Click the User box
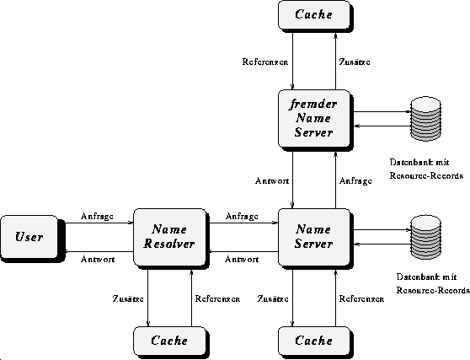[x=29, y=237]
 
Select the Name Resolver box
[x=169, y=237]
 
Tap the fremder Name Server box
[x=314, y=119]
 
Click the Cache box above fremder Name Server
[x=314, y=14]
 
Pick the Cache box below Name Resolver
[x=169, y=341]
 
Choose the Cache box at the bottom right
[x=314, y=341]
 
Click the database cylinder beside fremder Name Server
[x=425, y=119]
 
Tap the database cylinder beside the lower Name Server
[x=425, y=237]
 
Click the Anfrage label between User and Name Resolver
[x=97, y=217]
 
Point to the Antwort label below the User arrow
[x=98, y=259]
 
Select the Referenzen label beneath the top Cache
[x=265, y=62]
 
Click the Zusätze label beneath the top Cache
[x=355, y=62]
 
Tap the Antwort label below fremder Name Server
[x=272, y=181]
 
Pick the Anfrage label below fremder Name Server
[x=355, y=181]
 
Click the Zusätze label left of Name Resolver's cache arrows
[x=128, y=298]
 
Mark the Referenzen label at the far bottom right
[x=362, y=298]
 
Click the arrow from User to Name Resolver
[x=99, y=223]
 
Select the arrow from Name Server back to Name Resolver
[x=243, y=251]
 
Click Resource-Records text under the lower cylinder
[x=433, y=290]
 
